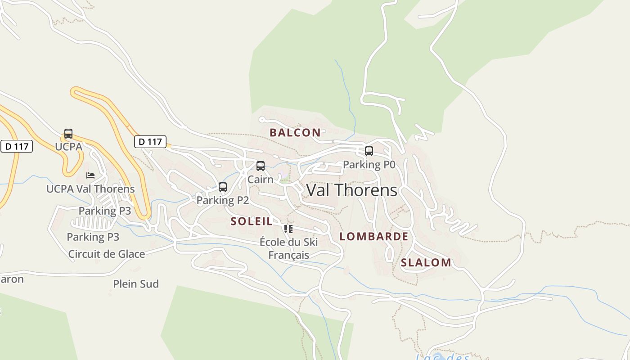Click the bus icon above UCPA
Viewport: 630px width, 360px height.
(x=68, y=134)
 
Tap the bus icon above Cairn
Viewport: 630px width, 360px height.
(x=261, y=166)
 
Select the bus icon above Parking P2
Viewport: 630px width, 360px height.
(x=223, y=187)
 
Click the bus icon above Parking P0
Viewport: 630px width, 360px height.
(x=369, y=151)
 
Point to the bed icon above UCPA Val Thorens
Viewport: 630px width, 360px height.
(x=90, y=175)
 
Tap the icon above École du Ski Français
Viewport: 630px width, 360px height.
(x=288, y=229)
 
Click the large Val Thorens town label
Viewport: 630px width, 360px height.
(x=351, y=190)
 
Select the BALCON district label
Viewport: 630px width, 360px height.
(x=295, y=133)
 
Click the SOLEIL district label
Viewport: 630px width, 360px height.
(x=252, y=221)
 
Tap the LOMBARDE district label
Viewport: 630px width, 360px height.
(x=373, y=237)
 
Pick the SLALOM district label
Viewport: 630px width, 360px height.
(x=426, y=263)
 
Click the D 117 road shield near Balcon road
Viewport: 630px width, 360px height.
(x=150, y=142)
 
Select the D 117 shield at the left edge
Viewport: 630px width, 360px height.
(x=17, y=146)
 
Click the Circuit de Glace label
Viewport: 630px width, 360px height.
(x=107, y=254)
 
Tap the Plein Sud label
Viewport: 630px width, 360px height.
(x=136, y=284)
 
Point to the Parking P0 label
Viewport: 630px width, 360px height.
(x=369, y=165)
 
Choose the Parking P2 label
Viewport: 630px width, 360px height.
(x=223, y=200)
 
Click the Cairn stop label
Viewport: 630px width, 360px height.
(x=260, y=179)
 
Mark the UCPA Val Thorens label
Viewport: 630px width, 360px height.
(x=90, y=189)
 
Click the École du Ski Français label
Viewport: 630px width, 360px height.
(x=288, y=248)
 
